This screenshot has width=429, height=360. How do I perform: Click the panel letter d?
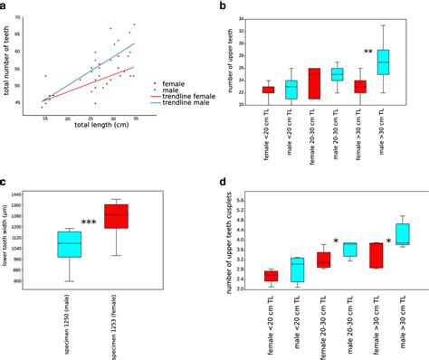tap(223, 181)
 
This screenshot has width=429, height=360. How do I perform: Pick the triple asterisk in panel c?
tap(89, 223)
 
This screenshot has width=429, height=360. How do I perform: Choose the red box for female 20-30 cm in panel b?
tap(314, 83)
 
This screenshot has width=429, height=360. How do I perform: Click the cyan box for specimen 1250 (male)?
tap(69, 244)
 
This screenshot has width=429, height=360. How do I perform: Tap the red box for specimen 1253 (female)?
tap(116, 216)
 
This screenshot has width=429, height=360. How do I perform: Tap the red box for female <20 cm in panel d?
tap(271, 275)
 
